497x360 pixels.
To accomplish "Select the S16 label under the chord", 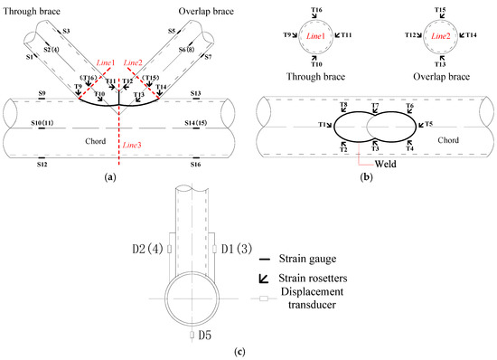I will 195,164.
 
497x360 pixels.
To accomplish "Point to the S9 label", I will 40,93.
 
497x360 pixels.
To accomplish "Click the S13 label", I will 195,93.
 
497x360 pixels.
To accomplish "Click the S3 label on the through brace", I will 68,30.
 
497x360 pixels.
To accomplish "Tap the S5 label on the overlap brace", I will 171,30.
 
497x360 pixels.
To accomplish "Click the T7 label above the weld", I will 373,106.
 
